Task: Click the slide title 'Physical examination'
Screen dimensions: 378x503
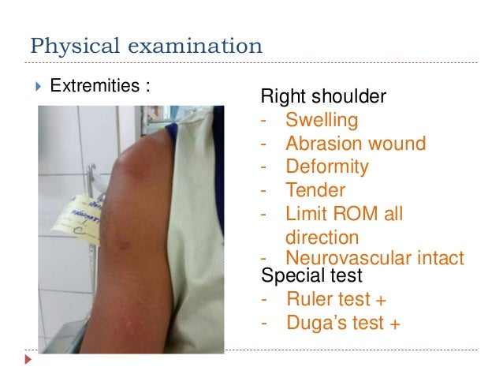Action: click(146, 45)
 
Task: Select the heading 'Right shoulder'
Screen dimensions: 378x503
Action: click(323, 98)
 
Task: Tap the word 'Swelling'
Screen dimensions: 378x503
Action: click(322, 121)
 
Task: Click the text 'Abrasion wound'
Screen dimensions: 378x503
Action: click(356, 144)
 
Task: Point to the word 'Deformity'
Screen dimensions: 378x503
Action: click(326, 167)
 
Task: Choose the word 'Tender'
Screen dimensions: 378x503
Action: click(315, 190)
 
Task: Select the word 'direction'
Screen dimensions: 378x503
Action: click(322, 237)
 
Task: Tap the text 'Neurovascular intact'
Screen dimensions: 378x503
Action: click(374, 257)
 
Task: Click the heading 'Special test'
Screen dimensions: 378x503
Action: click(311, 276)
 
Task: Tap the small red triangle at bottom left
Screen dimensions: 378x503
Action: click(29, 361)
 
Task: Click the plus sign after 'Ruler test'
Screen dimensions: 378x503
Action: click(382, 300)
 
